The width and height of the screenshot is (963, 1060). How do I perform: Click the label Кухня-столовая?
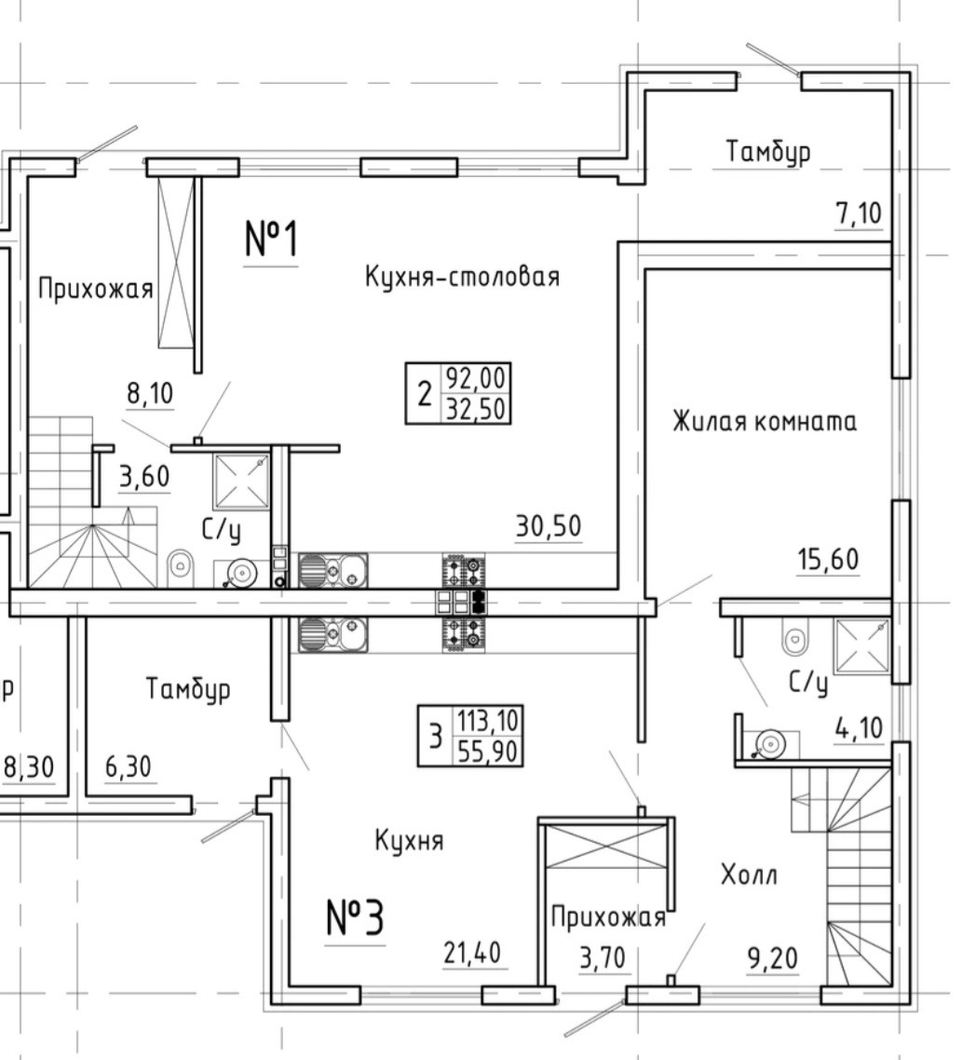[462, 277]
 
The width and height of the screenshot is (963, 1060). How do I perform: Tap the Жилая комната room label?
[765, 421]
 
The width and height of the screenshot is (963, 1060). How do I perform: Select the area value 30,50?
[549, 526]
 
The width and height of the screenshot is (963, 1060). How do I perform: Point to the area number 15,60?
[828, 560]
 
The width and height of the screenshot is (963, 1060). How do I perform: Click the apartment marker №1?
[271, 239]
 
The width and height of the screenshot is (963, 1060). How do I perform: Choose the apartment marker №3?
[355, 918]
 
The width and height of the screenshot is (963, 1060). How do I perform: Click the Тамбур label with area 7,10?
[768, 151]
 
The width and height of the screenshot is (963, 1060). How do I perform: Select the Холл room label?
[749, 875]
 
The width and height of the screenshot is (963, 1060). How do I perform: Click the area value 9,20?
[775, 957]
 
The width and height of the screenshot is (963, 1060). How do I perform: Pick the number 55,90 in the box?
[488, 751]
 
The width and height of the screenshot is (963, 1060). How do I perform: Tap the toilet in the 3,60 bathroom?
[181, 564]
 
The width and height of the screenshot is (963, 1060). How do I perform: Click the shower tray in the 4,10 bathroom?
[860, 646]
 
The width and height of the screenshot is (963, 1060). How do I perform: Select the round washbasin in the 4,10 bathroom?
[770, 743]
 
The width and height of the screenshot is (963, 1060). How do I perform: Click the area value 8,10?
[150, 394]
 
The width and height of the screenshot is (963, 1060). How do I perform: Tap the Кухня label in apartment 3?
[409, 841]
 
